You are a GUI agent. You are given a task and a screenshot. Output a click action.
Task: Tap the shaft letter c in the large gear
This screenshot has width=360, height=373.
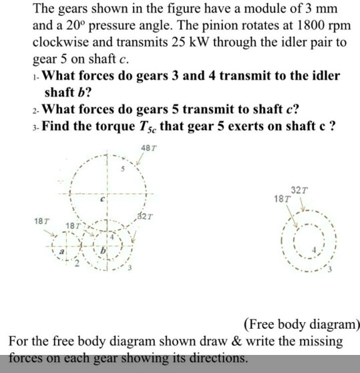103,199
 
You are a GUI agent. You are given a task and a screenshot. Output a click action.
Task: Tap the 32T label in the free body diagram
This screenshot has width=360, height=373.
299,190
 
